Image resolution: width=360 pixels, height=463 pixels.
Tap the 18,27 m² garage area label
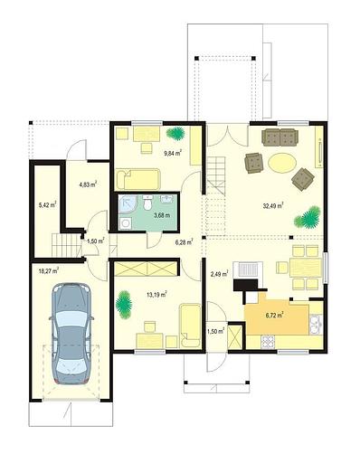point(49,270)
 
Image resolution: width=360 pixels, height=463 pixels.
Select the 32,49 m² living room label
point(273,206)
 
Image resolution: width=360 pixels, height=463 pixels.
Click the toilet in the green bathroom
point(147,204)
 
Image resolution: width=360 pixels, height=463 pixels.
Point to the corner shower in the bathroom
point(128,204)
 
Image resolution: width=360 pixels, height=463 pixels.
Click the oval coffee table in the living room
point(282,163)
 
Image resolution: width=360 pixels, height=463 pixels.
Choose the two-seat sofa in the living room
point(280,137)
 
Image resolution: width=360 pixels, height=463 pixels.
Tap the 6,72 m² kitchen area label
point(274,316)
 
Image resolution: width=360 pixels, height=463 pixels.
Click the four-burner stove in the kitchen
point(269,342)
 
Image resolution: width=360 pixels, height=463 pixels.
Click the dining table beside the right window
point(305,268)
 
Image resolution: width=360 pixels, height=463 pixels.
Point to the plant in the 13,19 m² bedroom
point(124,304)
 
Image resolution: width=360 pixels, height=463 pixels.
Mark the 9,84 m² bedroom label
point(173,153)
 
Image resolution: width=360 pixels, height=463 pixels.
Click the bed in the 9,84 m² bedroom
point(137,179)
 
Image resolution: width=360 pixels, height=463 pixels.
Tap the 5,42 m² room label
point(47,205)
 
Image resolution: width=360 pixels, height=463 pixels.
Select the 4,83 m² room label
point(88,184)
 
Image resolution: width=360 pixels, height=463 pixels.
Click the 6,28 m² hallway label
point(185,241)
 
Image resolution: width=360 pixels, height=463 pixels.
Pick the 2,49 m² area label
point(219,274)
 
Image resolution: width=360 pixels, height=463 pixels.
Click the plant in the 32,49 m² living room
point(308,217)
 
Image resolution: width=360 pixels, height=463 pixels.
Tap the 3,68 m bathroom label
point(162,215)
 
